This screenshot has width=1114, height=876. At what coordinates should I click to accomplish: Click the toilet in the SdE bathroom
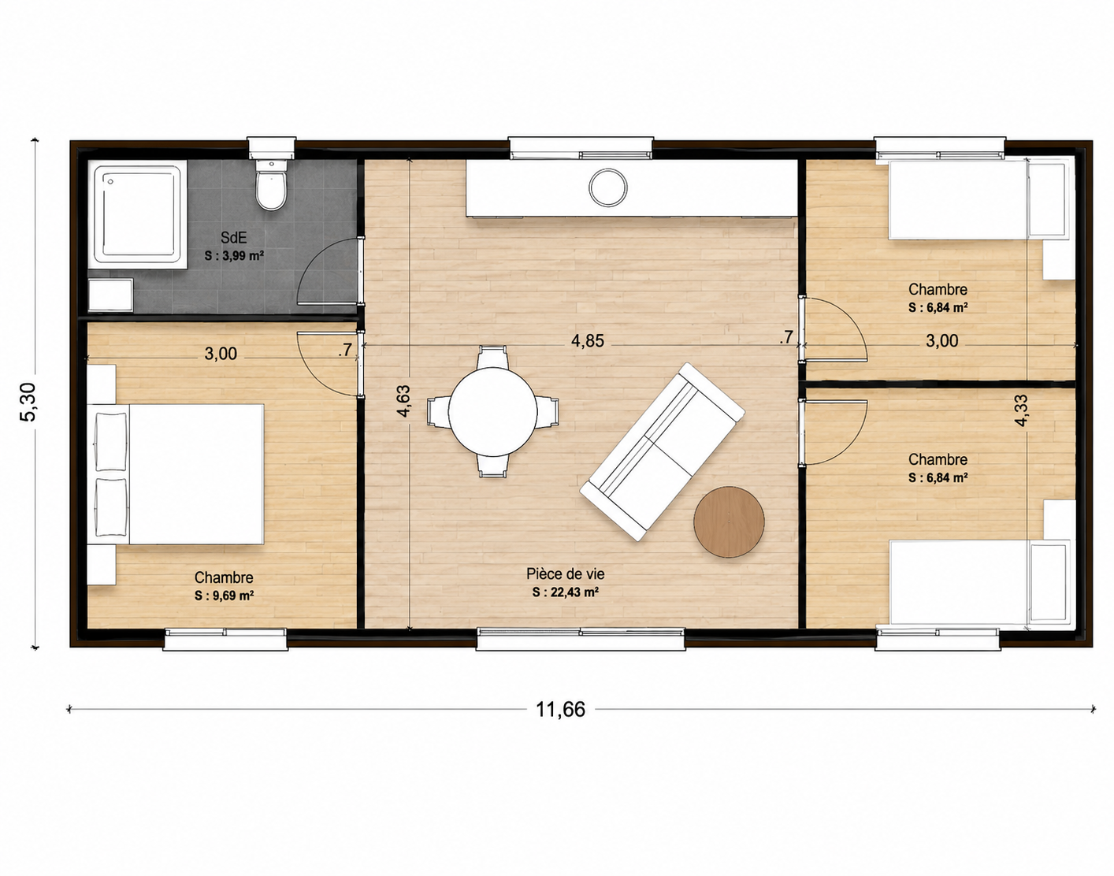[271, 184]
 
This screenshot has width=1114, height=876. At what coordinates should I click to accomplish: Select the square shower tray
[138, 214]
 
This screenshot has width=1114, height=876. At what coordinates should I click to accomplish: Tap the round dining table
[493, 411]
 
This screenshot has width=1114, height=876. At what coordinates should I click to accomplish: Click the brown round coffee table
[729, 522]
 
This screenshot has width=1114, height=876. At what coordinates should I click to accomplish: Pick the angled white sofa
[662, 451]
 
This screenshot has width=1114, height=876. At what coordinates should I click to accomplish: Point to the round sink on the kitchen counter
[607, 187]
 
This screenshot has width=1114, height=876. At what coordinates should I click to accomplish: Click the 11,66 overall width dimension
[560, 709]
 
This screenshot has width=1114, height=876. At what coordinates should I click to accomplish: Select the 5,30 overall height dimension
[28, 402]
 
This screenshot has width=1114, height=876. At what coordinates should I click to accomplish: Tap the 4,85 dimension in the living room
[587, 340]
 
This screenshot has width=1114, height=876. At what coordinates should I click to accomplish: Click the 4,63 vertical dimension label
[403, 401]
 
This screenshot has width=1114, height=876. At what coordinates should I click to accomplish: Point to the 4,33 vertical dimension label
[1021, 410]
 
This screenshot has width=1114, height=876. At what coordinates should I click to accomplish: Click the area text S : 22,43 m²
[566, 592]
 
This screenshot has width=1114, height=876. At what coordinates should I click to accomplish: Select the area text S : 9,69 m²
[225, 596]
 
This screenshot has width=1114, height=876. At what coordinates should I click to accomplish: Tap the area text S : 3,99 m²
[235, 256]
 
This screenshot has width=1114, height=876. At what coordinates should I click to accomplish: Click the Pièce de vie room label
[566, 573]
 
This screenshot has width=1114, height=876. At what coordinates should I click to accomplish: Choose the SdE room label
[233, 238]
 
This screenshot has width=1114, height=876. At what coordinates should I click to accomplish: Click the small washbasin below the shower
[110, 295]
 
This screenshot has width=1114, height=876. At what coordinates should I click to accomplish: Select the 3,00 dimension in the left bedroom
[221, 354]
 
